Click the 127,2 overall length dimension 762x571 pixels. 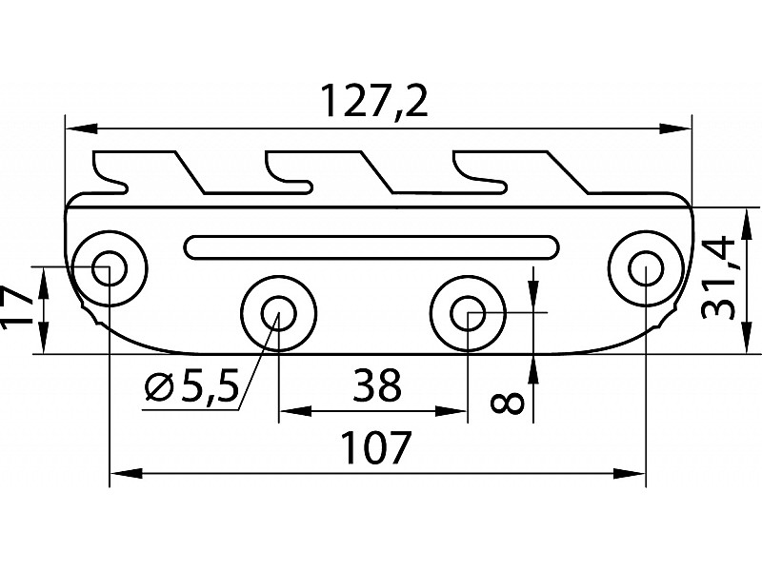(x=373, y=100)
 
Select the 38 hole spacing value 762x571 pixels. (x=376, y=386)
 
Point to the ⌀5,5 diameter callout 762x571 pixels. (x=190, y=387)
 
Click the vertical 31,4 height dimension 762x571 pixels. (x=719, y=277)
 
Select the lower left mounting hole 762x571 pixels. (x=277, y=311)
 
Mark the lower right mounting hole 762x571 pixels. (x=467, y=311)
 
